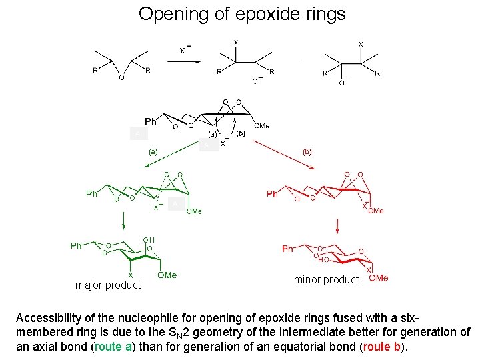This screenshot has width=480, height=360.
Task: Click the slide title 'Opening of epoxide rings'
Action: click(x=242, y=14)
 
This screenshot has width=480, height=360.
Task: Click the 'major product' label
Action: click(x=108, y=285)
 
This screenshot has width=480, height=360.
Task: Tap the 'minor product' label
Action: click(x=326, y=280)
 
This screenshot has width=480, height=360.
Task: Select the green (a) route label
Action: click(x=153, y=151)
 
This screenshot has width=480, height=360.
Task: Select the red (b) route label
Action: click(x=307, y=151)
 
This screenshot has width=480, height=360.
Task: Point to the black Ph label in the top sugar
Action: click(x=151, y=121)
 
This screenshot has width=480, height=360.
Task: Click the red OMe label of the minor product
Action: click(x=378, y=278)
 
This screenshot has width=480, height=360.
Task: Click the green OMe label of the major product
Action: click(x=167, y=275)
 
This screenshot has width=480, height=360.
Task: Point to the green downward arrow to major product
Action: click(x=123, y=223)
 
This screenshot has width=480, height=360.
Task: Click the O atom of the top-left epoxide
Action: click(x=121, y=77)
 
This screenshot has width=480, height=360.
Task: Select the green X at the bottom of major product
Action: click(x=131, y=275)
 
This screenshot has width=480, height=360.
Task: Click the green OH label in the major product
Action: click(x=148, y=240)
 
